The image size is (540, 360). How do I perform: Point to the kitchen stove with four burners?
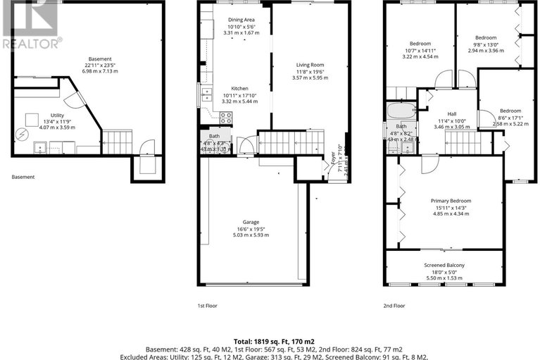tap(226, 118)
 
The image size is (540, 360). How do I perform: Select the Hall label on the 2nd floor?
tap(453, 115)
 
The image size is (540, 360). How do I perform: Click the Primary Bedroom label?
tap(451, 201)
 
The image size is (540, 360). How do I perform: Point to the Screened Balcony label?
tap(444, 265)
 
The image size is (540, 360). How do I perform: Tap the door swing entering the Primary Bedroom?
tap(429, 163)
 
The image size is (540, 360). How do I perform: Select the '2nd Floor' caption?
tap(394, 306)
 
